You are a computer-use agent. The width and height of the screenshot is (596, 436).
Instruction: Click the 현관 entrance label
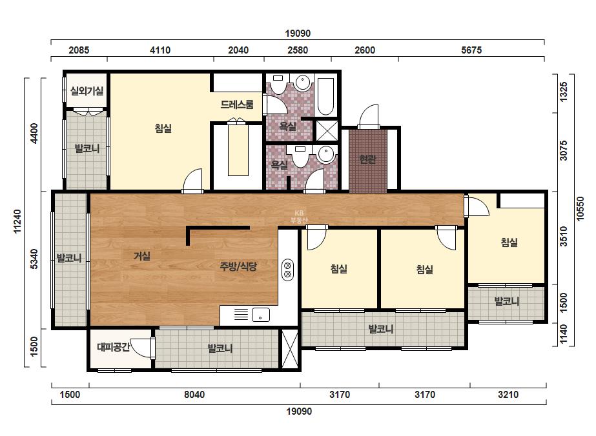pos(367,159)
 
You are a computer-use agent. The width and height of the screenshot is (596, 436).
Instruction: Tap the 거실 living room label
pos(142,256)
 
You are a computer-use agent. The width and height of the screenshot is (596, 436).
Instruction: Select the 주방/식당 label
pos(238,266)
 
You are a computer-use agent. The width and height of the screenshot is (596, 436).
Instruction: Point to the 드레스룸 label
pos(237,104)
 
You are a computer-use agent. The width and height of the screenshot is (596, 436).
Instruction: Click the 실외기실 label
pos(87,91)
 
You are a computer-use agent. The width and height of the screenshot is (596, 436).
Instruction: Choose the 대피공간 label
pos(114,347)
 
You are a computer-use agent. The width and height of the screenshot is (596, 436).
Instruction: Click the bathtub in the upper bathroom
pos(325,97)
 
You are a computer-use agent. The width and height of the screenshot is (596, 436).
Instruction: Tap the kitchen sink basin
pos(261,315)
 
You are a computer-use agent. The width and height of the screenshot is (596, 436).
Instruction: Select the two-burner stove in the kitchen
pos(287,270)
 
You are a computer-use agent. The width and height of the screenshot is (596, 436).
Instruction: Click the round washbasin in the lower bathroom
pos(326,154)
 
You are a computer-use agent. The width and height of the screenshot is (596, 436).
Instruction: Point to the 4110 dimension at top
pos(160,50)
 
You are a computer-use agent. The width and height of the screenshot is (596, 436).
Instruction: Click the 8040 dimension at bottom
pos(194,395)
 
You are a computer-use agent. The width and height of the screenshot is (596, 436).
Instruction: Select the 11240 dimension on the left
pos(17,221)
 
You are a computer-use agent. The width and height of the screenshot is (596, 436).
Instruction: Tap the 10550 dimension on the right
pos(580,208)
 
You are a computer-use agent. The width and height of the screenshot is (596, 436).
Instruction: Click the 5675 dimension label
pos(471,50)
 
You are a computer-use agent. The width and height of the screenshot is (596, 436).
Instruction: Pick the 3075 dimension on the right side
pos(564,150)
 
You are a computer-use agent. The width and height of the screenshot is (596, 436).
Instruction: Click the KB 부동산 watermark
pos(299,217)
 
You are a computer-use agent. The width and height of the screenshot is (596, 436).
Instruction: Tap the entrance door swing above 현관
pos(369,117)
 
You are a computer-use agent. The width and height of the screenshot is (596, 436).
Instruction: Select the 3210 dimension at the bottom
pos(508,395)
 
